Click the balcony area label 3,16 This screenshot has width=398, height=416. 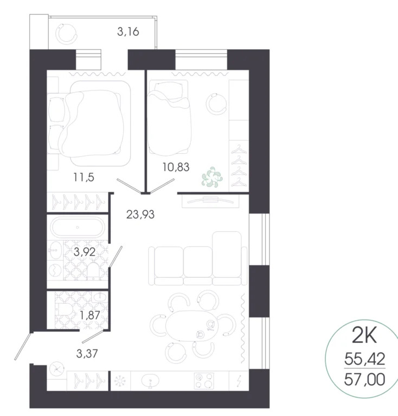(x=129, y=31)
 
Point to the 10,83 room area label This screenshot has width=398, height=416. (x=176, y=167)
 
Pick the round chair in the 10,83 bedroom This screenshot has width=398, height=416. (x=217, y=103)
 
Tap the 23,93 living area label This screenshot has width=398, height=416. (x=140, y=214)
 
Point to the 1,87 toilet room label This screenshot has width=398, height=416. (x=91, y=314)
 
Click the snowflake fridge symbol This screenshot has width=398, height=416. (x=119, y=380)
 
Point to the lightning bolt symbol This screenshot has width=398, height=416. (x=239, y=380)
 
